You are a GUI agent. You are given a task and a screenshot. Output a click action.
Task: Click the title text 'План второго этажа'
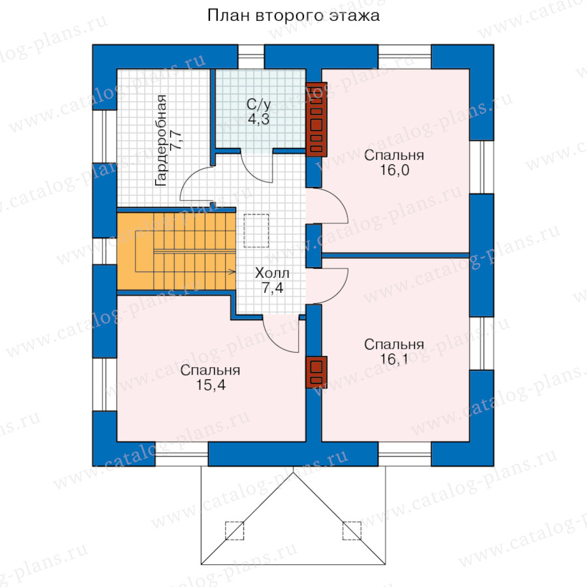(x=293, y=15)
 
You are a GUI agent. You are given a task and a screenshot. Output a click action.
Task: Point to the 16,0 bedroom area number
(x=394, y=170)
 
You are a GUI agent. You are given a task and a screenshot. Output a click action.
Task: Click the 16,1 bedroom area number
(x=394, y=359)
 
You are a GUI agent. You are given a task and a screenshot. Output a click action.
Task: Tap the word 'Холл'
(x=271, y=273)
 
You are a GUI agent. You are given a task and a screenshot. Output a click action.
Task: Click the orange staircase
(x=176, y=252)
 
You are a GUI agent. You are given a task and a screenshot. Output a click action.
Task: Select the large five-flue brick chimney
(x=316, y=119)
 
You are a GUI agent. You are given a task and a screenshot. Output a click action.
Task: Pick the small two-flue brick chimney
(x=316, y=372)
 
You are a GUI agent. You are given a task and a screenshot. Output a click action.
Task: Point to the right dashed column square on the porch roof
(x=352, y=530)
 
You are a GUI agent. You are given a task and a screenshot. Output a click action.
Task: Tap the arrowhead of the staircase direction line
(x=232, y=270)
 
